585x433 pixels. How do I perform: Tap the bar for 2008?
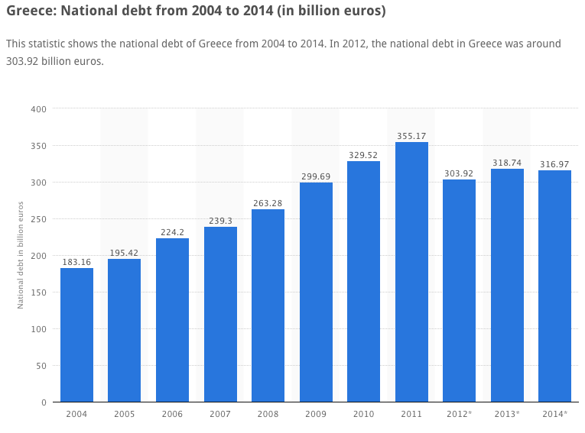(x=268, y=305)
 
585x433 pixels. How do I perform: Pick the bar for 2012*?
(x=459, y=290)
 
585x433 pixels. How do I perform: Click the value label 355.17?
(x=411, y=136)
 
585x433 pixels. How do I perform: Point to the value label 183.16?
(x=76, y=262)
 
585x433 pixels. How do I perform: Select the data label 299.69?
(x=316, y=176)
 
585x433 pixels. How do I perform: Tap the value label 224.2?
(x=172, y=232)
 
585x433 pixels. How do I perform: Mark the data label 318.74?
(x=507, y=163)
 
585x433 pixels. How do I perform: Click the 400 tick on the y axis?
(x=39, y=109)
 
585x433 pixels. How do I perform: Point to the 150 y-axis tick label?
(x=39, y=292)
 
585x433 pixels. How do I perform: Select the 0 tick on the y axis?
(x=44, y=402)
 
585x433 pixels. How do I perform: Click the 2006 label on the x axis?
(x=172, y=414)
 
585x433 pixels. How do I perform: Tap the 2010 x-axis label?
(x=363, y=414)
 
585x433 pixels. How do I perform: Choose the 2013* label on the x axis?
(x=507, y=414)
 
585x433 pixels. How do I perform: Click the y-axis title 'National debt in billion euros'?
(x=21, y=255)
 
